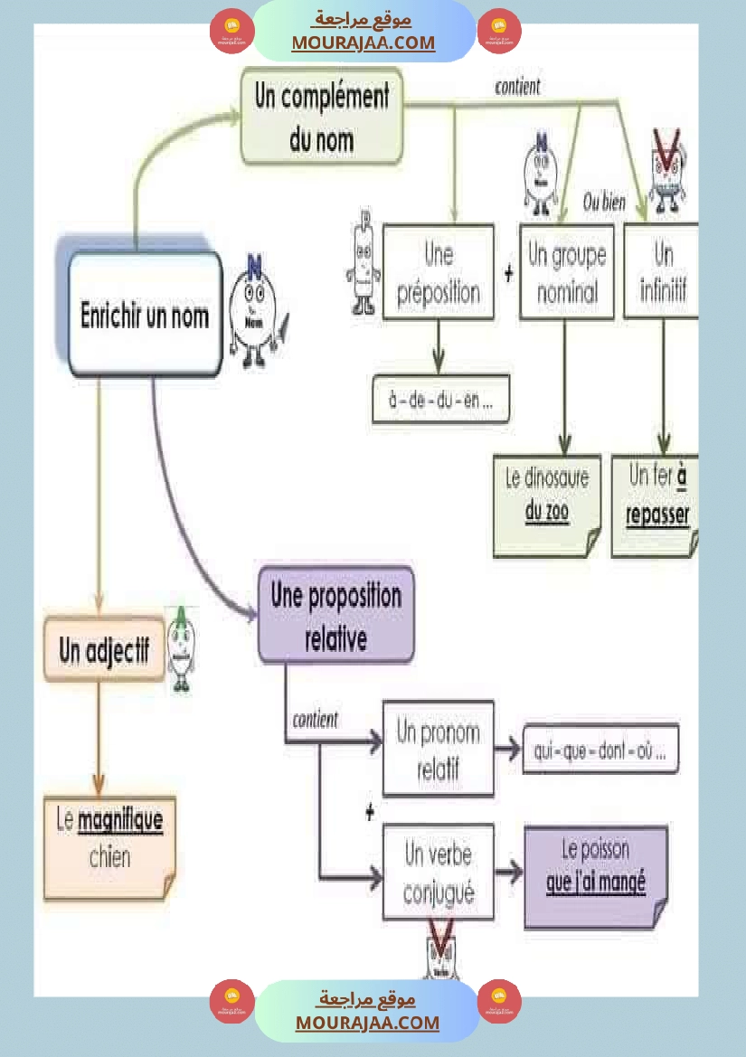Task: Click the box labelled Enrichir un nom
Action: click(145, 315)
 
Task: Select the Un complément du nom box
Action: click(321, 117)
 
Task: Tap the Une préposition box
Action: click(439, 271)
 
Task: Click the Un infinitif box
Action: click(662, 271)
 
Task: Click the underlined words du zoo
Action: click(547, 513)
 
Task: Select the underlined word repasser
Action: click(657, 515)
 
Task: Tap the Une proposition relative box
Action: click(335, 615)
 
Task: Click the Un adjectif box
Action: click(104, 649)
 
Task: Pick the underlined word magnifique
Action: click(120, 821)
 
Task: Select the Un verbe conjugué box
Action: click(438, 872)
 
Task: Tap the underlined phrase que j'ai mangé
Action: click(596, 882)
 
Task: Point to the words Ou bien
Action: click(604, 203)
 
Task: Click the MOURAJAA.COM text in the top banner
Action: click(363, 42)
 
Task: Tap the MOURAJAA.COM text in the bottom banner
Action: click(367, 1023)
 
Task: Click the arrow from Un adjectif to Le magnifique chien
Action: click(99, 737)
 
